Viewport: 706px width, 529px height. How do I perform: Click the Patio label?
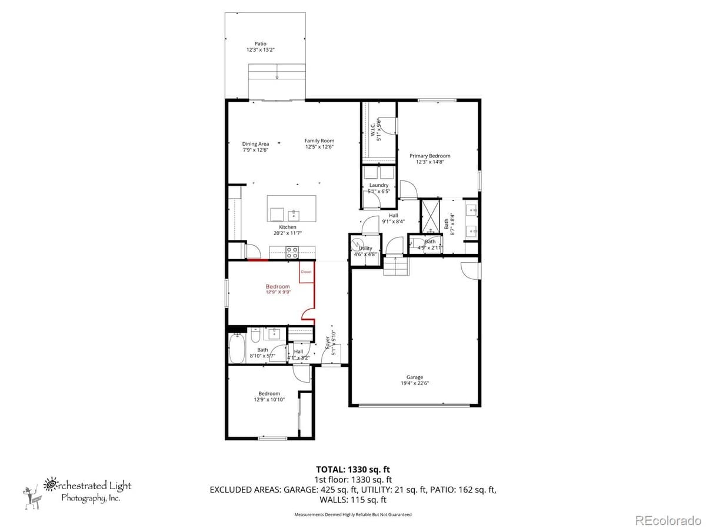260,43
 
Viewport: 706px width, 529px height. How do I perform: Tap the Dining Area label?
255,143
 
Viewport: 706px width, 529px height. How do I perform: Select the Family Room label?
319,140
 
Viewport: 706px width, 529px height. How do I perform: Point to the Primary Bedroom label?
429,156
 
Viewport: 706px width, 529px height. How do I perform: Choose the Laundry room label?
378,185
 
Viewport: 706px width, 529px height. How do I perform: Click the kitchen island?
291,207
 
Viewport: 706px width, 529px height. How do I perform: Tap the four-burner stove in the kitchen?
292,253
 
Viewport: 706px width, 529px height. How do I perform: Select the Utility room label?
365,248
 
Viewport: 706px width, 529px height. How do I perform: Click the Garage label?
414,377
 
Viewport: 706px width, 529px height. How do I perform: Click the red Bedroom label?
278,286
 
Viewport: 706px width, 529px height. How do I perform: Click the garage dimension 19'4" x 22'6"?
414,384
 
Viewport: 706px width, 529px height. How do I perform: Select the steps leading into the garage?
395,266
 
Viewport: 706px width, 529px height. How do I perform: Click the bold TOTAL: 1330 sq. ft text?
352,469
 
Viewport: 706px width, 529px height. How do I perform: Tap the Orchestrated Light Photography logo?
76,491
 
